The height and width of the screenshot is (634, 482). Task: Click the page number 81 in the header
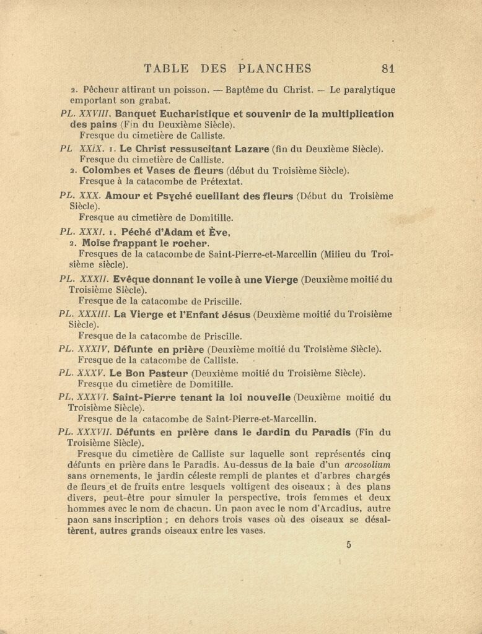point(389,69)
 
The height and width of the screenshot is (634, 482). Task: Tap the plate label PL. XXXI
point(78,232)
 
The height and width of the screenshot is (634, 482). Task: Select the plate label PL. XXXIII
point(84,314)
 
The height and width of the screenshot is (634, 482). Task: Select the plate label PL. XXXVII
point(85,432)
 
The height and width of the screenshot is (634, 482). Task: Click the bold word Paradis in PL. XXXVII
point(330,432)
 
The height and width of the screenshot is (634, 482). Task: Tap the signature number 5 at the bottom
point(349,545)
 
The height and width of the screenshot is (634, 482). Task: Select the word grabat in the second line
point(151,100)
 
